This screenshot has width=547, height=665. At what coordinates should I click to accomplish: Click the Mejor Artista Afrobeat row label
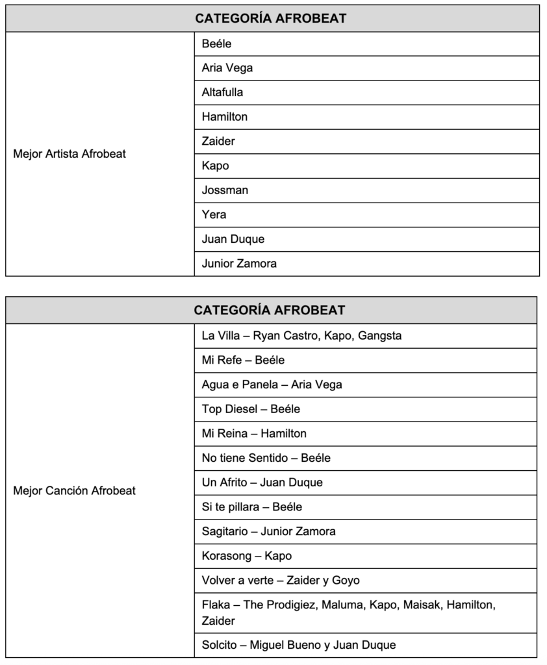[x=70, y=154]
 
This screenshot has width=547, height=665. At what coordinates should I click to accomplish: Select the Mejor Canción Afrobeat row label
[x=75, y=491]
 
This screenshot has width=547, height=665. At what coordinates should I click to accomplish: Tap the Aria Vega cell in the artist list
[x=227, y=68]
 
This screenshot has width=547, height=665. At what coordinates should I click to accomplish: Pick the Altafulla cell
[x=223, y=92]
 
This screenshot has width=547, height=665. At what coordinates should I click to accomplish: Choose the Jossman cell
[x=225, y=190]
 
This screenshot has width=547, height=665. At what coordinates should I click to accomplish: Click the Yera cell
[x=214, y=215]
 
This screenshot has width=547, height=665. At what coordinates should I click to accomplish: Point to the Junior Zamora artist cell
[x=239, y=264]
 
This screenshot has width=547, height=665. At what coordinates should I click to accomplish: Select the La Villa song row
[x=301, y=336]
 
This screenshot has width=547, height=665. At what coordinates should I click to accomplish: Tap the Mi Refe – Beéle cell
[x=243, y=360]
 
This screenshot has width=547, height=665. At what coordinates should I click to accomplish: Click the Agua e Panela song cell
[x=272, y=385]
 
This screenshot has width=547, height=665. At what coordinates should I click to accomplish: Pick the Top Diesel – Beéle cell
[x=251, y=409]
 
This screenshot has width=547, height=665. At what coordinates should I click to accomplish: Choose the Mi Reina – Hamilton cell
[x=254, y=434]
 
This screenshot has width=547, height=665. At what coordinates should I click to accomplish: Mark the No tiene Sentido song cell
[x=266, y=458]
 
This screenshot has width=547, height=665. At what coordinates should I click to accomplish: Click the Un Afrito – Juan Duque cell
[x=262, y=483]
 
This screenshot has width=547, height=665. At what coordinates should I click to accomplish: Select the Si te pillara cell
[x=251, y=507]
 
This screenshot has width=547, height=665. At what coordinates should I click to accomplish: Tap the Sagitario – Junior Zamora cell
[x=268, y=532]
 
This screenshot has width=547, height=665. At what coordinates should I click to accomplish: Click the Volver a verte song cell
[x=280, y=581]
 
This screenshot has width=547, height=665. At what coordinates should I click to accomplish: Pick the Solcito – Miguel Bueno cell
[x=298, y=646]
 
